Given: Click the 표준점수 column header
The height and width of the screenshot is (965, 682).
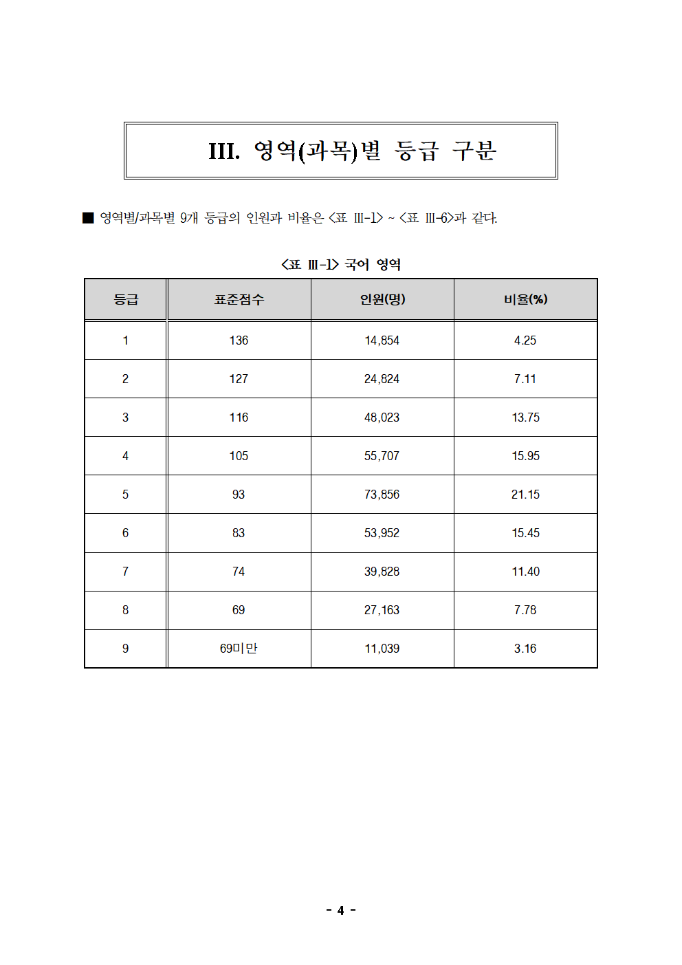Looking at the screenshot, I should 239,299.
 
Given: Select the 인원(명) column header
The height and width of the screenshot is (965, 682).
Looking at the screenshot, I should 382,299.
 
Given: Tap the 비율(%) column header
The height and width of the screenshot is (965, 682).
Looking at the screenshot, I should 525,299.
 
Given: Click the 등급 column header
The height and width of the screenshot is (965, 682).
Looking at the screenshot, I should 126,299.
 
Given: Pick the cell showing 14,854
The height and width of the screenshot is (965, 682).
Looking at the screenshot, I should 382,340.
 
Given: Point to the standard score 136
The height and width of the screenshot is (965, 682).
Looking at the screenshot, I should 239,340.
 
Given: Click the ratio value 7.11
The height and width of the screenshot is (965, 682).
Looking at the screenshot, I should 525,379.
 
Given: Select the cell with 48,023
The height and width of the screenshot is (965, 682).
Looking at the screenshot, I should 382,418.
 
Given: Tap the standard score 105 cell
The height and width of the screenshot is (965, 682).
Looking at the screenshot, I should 239,456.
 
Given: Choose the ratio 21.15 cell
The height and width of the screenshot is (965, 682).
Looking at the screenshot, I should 525,495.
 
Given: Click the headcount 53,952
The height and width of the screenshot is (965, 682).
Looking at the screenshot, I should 382,533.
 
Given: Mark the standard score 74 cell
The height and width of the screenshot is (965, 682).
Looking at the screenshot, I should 239,572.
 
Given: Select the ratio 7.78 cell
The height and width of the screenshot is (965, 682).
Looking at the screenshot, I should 525,610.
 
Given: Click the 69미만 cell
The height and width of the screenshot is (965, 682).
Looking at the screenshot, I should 239,649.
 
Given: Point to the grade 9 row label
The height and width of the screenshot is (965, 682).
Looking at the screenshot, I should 125,649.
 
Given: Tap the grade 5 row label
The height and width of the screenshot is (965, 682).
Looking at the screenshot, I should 125,495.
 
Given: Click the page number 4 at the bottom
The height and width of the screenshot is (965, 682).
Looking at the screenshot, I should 340,910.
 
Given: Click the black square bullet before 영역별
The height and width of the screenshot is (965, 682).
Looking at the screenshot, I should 88,218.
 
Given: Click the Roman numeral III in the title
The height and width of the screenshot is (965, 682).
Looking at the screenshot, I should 224,151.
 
